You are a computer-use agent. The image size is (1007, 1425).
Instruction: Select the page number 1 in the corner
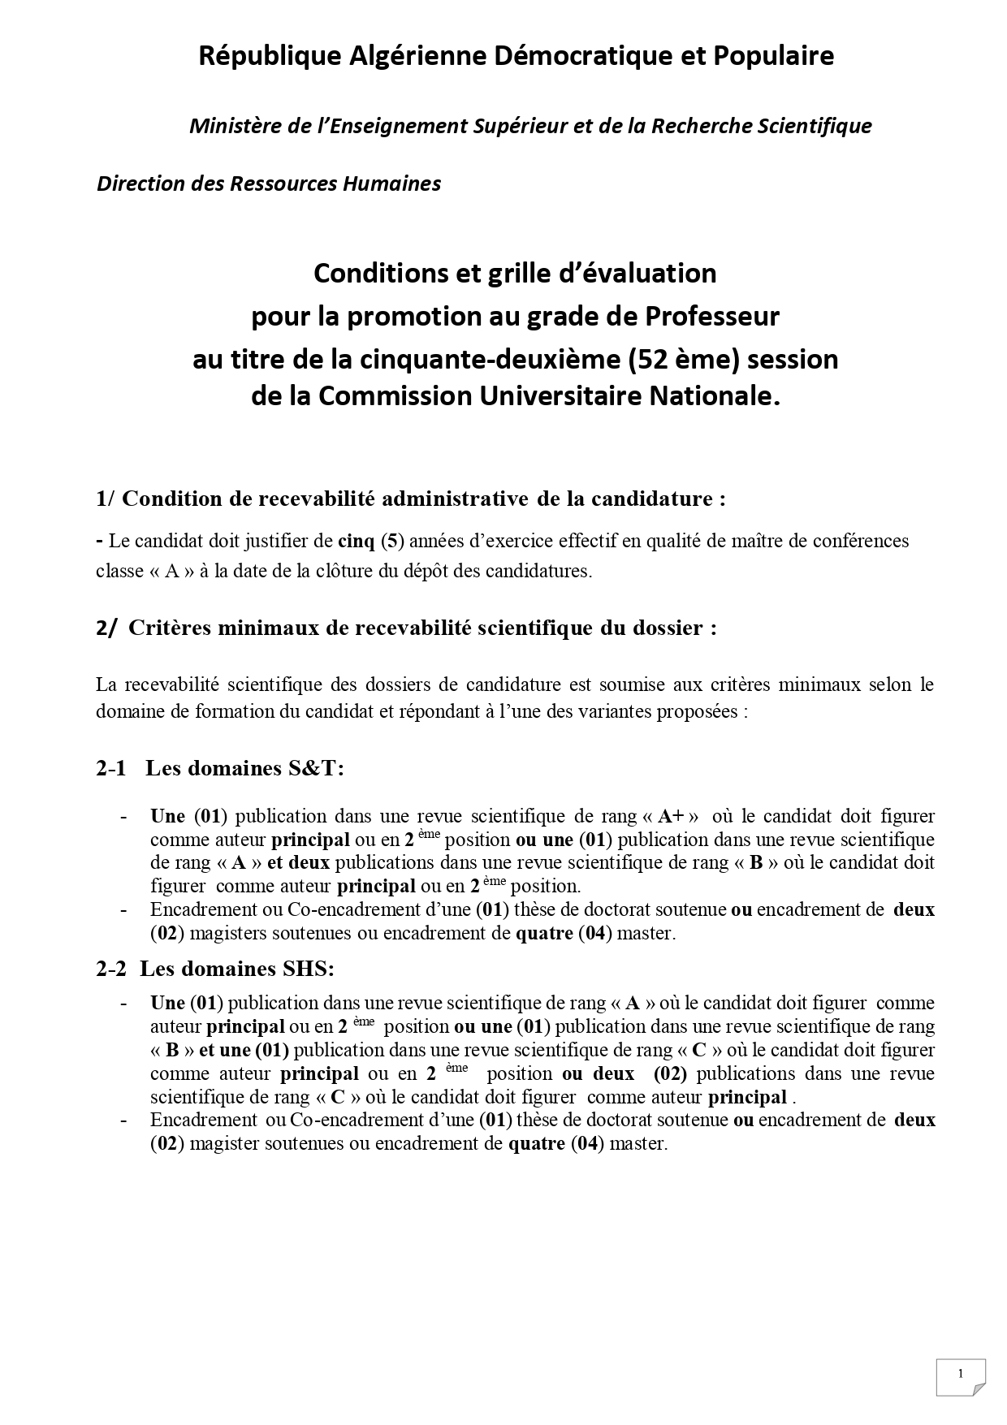pos(960,1374)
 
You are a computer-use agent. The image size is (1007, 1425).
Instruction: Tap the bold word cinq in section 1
pos(356,541)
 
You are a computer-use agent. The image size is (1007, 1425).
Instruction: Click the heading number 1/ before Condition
pos(106,499)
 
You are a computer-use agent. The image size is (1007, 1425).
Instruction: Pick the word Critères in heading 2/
pos(167,628)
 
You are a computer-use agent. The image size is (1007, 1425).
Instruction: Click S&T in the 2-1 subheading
pos(316,768)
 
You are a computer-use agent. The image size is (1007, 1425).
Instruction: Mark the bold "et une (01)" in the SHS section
pos(244,1050)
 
